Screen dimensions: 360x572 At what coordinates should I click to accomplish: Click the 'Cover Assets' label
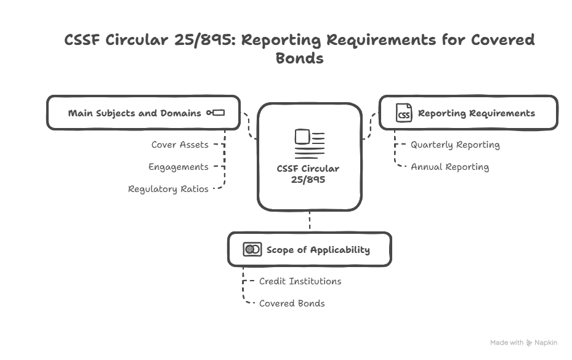(x=180, y=145)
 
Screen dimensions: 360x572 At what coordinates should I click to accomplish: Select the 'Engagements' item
(x=179, y=167)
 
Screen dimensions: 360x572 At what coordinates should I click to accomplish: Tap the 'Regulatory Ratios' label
(x=168, y=189)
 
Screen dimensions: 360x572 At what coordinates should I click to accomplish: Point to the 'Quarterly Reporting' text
(x=455, y=145)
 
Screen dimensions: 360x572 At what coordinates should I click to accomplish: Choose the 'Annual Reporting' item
(x=449, y=167)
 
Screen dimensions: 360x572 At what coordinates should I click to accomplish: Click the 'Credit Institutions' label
(x=300, y=281)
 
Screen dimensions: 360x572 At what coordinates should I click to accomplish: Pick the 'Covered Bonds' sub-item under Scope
(x=292, y=303)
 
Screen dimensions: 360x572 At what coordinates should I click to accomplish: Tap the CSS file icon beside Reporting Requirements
(x=404, y=113)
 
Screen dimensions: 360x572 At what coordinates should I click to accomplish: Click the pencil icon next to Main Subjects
(x=216, y=113)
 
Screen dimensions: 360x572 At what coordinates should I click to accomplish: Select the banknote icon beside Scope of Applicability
(x=252, y=249)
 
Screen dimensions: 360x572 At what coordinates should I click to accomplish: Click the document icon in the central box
(x=309, y=144)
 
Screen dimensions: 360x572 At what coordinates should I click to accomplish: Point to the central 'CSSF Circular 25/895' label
(x=308, y=174)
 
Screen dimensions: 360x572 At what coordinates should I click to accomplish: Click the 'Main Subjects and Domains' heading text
(x=134, y=113)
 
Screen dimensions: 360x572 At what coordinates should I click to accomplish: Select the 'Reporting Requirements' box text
(x=476, y=113)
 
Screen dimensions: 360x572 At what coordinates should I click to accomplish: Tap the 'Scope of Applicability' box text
(x=318, y=250)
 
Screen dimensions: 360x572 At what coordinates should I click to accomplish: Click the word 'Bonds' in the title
(x=299, y=59)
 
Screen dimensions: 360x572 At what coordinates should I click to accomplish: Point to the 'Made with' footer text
(x=507, y=343)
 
